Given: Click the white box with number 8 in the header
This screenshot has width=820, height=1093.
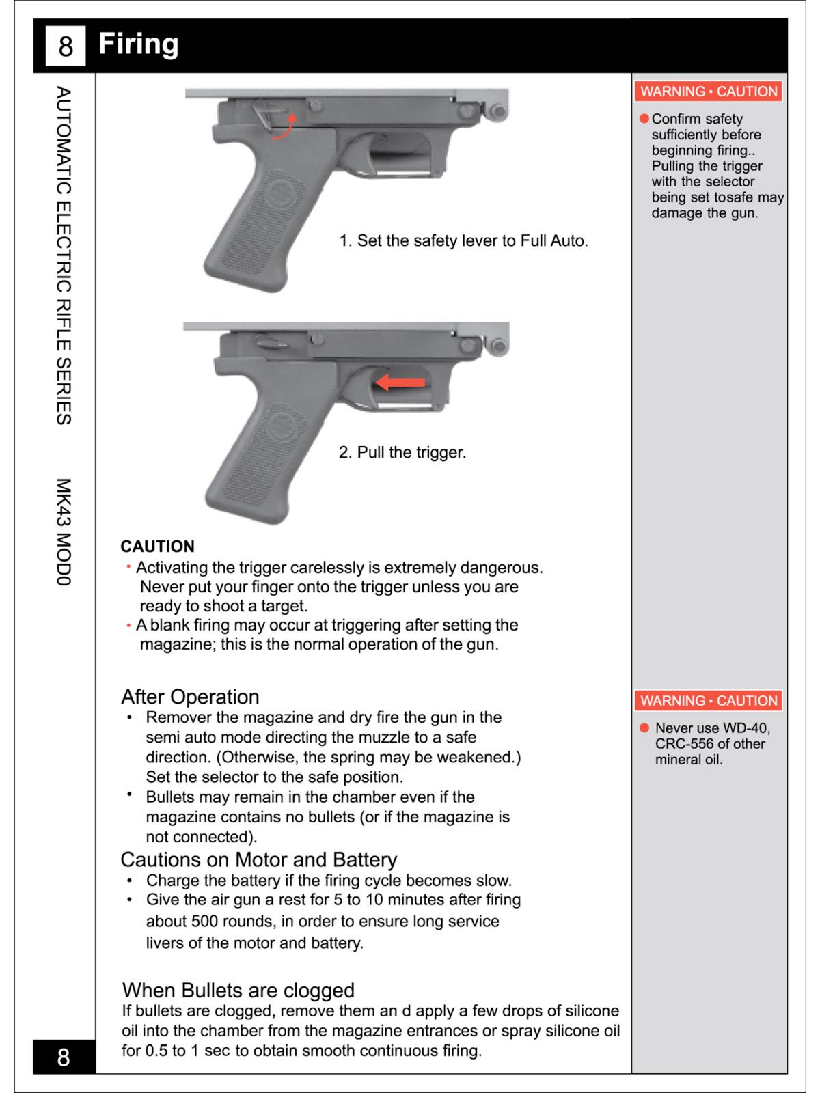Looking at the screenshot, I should tap(65, 46).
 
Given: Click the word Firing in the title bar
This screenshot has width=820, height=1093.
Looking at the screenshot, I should tap(138, 44).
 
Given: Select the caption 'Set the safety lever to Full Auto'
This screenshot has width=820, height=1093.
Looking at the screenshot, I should tap(463, 240).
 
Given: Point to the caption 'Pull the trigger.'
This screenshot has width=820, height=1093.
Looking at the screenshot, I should tap(402, 452).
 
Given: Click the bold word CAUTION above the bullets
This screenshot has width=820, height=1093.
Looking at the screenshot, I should tap(157, 546).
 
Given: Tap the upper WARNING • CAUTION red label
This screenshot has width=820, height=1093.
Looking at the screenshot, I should tap(709, 92).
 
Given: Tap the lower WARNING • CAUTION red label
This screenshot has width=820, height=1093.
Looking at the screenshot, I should tap(709, 701).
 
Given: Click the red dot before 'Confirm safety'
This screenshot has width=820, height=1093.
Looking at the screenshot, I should tap(644, 119).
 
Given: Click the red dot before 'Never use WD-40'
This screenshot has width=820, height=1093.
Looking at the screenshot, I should tap(644, 728).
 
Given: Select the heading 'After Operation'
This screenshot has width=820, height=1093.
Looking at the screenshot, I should tap(190, 697).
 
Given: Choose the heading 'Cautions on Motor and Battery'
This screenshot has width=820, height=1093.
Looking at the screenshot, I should tap(258, 859).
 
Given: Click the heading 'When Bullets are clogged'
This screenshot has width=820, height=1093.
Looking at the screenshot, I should tap(238, 991).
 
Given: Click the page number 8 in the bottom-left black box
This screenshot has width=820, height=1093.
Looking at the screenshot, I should tap(64, 1057).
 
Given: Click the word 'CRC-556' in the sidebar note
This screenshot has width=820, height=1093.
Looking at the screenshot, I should tap(683, 744).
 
